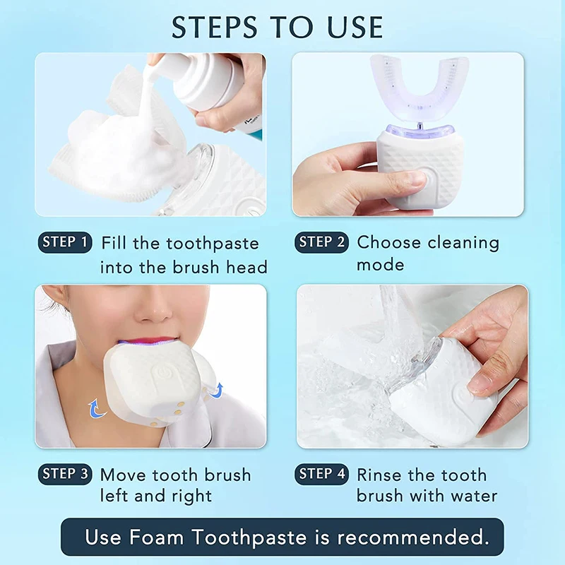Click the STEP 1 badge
[65, 242]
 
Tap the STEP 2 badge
[321, 242]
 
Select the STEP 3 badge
[65, 474]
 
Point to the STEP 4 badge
[321, 474]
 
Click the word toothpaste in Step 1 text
[213, 244]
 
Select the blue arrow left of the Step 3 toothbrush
[94, 408]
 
